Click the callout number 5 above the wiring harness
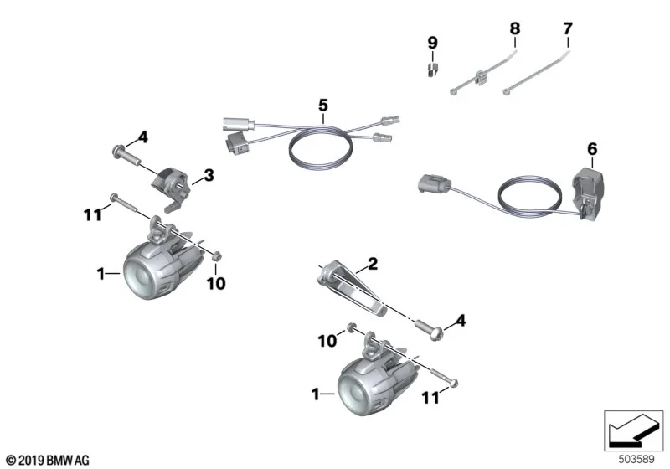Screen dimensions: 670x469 point(323,105)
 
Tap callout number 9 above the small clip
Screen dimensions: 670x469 point(433,43)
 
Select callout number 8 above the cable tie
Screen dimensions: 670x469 point(515,28)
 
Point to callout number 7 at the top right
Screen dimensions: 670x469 point(568,28)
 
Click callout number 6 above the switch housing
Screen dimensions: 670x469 point(592,149)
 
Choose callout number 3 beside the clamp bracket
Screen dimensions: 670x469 point(209,175)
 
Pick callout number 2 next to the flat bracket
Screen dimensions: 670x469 point(373,264)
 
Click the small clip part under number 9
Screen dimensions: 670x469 point(434,70)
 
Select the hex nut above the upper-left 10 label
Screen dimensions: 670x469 point(216,256)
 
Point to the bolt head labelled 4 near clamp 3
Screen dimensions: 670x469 point(116,151)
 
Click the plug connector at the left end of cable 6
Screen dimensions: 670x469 point(434,184)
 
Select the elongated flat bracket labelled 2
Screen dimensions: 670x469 point(353,289)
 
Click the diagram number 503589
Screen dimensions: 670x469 point(636,459)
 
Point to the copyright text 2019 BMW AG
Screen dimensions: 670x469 point(48,461)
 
